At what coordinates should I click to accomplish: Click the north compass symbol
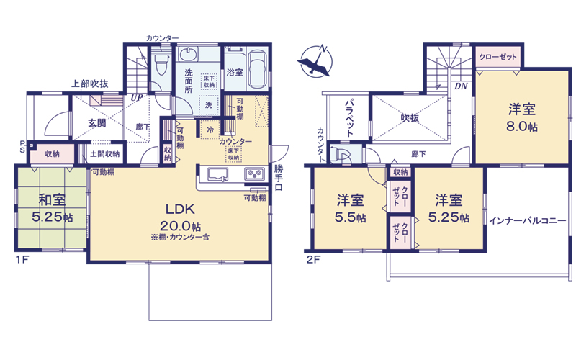(x=315, y=60)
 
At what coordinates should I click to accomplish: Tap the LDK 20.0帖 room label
(x=181, y=217)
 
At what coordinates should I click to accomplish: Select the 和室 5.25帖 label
(x=52, y=208)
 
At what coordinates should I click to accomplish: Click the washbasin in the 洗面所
(x=189, y=55)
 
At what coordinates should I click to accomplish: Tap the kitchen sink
(x=218, y=174)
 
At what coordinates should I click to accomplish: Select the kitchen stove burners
(x=255, y=174)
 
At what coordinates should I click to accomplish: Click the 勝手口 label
(x=279, y=178)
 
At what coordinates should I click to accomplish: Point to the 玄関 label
(x=97, y=123)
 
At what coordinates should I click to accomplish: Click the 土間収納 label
(x=105, y=154)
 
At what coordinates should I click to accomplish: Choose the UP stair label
(x=137, y=98)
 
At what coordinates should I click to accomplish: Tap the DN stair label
(x=461, y=86)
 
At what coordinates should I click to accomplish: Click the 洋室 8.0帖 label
(x=522, y=117)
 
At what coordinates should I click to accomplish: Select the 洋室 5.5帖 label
(x=350, y=209)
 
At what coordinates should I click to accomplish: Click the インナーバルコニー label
(x=528, y=221)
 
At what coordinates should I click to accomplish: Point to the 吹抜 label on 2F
(x=410, y=117)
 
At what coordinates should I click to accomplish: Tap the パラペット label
(x=349, y=117)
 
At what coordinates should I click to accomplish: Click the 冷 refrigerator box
(x=210, y=130)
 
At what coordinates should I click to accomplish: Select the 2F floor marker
(x=313, y=260)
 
